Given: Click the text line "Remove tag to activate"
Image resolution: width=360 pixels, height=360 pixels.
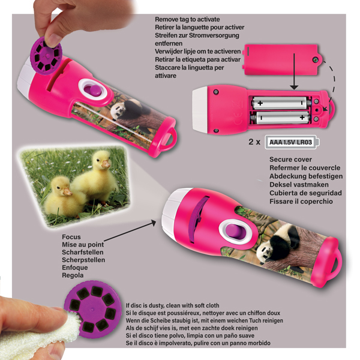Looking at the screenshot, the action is pos(187,19).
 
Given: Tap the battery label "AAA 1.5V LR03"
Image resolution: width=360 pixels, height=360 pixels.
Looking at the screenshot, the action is pos(290,142).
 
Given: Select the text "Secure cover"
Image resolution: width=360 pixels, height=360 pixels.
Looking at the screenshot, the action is pos(290,160).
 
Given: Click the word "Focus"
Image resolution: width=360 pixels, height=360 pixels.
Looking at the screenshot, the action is pos(71,237).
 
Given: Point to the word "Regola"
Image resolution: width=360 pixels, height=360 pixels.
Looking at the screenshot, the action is pos(73,275).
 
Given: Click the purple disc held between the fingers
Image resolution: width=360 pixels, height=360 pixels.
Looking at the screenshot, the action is pos(46,56).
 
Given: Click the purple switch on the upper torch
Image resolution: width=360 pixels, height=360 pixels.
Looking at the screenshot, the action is pos(92,90).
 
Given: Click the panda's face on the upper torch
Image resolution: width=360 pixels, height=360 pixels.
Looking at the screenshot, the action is pos(116,112).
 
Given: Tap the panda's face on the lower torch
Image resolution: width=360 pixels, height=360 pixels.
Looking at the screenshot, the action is pos(264,253).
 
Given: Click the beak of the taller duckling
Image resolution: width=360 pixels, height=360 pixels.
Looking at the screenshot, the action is pos(106,164).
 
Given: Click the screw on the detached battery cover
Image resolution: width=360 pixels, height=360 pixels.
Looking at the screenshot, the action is pos(316,60).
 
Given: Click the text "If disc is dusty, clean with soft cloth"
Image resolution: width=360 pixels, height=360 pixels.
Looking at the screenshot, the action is pos(172,305).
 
